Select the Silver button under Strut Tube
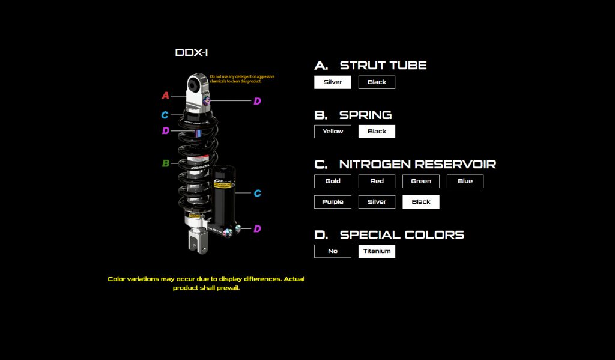[x=332, y=82]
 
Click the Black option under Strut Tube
[x=377, y=82]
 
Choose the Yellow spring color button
[x=332, y=131]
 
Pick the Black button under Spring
[x=377, y=131]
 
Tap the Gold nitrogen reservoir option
[x=332, y=181]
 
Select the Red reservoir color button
[x=377, y=181]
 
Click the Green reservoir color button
[x=421, y=181]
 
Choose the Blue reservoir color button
[x=465, y=181]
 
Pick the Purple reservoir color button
[x=332, y=201]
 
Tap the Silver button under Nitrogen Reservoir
[x=377, y=201]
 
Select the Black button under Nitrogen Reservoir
[x=421, y=201]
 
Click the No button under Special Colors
[x=332, y=251]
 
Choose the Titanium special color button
[x=377, y=251]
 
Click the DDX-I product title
[x=192, y=53]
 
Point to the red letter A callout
[x=166, y=95]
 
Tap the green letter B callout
[x=166, y=163]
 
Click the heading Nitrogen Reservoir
[x=417, y=164]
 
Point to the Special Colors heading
[x=402, y=235]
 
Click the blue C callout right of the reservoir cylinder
[x=257, y=193]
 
